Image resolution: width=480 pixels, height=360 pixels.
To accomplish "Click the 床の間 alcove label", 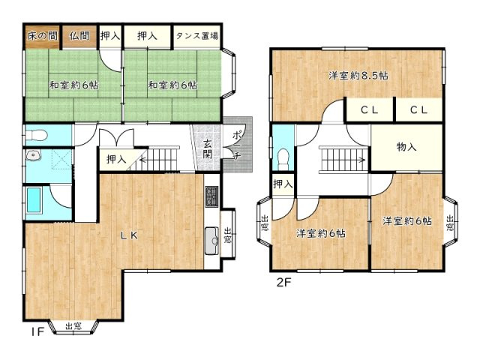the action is [42, 36].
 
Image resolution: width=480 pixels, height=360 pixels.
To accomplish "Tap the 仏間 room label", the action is [79, 36].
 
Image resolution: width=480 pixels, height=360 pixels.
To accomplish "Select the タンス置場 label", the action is [197, 36].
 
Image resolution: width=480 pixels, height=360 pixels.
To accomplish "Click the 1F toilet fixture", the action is [36, 135].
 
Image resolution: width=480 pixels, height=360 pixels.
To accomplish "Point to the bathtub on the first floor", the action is [34, 200].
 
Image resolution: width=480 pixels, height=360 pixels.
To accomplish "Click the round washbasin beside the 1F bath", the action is [33, 156].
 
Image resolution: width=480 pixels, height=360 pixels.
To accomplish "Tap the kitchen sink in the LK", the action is [211, 241].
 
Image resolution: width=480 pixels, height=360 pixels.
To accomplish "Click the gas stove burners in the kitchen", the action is [211, 196].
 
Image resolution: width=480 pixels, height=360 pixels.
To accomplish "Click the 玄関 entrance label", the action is [208, 149].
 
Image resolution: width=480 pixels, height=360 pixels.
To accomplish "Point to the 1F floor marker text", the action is [37, 331].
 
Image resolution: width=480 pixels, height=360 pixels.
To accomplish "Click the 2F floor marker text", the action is [283, 282].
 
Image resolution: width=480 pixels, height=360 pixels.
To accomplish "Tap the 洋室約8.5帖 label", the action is [358, 75].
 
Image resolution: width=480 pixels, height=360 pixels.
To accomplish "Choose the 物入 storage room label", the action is [406, 147].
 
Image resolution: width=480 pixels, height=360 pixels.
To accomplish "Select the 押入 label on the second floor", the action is [283, 184].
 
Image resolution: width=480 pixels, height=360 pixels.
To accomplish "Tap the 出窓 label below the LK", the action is [73, 326].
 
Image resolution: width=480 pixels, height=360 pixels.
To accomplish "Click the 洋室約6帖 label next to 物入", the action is [407, 220].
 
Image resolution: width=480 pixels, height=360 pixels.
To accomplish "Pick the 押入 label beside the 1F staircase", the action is [116, 159].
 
